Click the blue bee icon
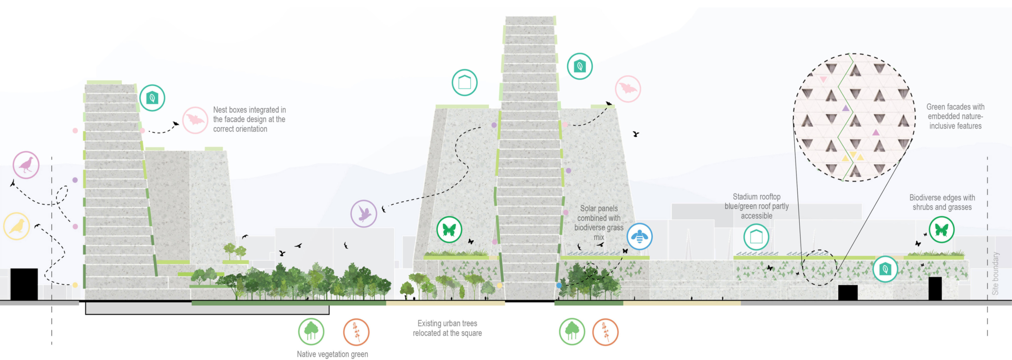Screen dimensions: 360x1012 [640, 236]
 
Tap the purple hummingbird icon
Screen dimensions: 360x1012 [364, 213]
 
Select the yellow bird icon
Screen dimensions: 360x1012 [17, 226]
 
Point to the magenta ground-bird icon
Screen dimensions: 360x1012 [26, 165]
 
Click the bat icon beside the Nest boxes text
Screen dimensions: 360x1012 [195, 120]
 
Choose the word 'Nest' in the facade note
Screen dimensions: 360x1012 [220, 110]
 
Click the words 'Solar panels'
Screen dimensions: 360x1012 [599, 208]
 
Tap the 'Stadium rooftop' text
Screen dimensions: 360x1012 [756, 197]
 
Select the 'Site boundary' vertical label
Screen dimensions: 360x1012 [995, 273]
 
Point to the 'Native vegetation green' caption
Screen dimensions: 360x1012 [332, 354]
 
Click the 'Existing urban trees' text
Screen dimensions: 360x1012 [447, 323]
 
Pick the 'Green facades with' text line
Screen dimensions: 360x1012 [955, 107]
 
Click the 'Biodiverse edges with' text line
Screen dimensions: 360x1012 [942, 198]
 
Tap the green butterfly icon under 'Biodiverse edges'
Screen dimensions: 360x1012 [942, 230]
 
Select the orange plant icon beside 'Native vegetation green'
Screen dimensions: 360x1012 [356, 331]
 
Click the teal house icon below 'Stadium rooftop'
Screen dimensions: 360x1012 [756, 237]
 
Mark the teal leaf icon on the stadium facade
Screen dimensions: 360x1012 [885, 269]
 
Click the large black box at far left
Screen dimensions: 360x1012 [24, 284]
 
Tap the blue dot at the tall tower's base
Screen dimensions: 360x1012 [559, 285]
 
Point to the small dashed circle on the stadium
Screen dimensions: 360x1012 [820, 267]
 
